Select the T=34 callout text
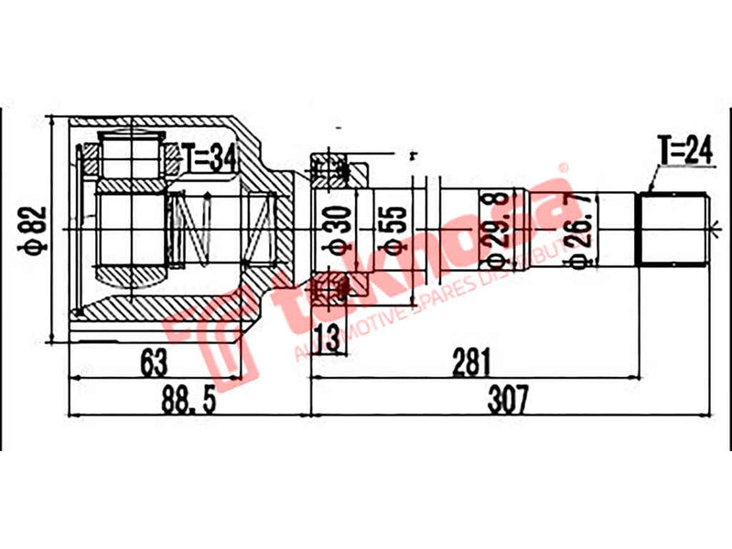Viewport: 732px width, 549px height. pyautogui.click(x=209, y=157)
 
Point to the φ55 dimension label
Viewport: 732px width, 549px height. pyautogui.click(x=389, y=230)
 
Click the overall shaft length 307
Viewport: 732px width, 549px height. pyautogui.click(x=508, y=399)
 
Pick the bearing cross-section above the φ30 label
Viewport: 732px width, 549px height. pyautogui.click(x=332, y=168)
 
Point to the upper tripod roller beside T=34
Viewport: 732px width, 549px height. pyautogui.click(x=128, y=156)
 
